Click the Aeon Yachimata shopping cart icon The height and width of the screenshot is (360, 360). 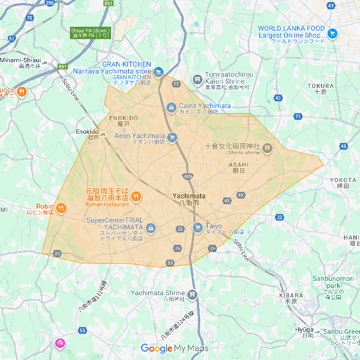tap(172, 137)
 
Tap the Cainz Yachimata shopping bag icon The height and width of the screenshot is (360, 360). tap(171, 107)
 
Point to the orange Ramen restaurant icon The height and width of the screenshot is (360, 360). tap(136, 195)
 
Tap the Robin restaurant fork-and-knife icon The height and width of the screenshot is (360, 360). tap(61, 208)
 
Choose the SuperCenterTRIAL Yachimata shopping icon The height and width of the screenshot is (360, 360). tap(151, 228)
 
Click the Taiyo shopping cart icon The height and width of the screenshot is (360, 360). tap(197, 227)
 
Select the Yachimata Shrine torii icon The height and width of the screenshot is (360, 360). tap(192, 295)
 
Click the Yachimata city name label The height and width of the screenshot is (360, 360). tap(189, 199)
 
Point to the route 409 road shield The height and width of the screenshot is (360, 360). tap(188, 177)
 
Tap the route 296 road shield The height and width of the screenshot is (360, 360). tap(49, 3)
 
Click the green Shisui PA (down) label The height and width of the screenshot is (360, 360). tap(91, 33)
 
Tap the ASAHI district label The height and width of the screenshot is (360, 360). tap(238, 168)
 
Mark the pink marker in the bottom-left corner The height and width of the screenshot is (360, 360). tap(60, 343)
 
